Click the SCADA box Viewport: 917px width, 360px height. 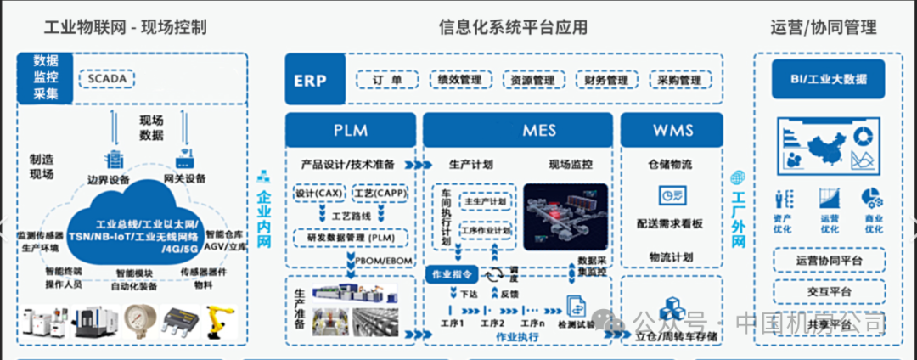(106, 79)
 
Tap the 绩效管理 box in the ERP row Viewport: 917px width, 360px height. (459, 81)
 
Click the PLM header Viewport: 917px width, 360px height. (350, 130)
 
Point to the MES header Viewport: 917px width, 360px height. (517, 130)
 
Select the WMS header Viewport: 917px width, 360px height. (673, 130)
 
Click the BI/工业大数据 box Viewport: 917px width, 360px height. (827, 79)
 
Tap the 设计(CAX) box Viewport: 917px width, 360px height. (318, 194)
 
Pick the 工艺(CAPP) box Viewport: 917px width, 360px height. (378, 194)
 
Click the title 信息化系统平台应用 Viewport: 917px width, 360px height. (513, 27)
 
